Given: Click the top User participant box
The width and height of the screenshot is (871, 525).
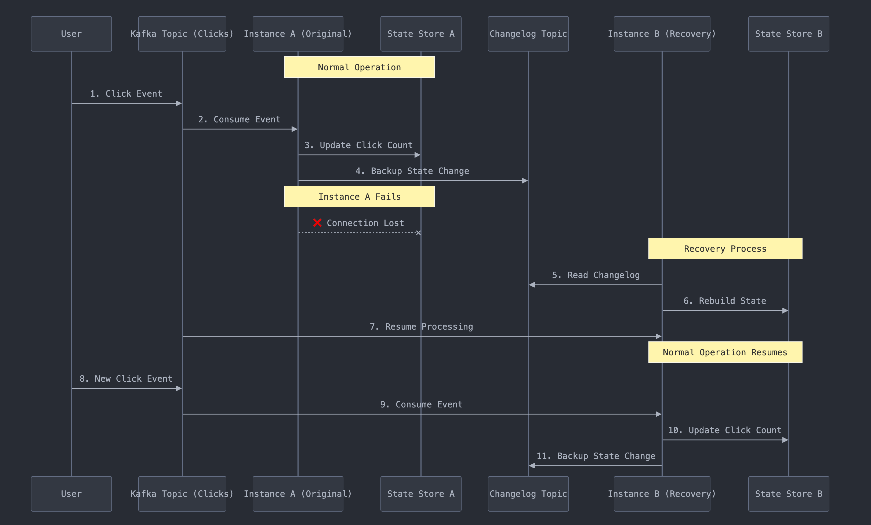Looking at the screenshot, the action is (71, 34).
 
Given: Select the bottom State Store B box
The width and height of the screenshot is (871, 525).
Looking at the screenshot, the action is (788, 494).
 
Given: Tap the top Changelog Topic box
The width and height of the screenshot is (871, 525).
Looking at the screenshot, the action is (528, 34).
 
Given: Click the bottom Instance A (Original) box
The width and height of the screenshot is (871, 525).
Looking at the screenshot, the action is (298, 494).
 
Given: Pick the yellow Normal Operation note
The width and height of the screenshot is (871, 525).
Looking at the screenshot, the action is (359, 67).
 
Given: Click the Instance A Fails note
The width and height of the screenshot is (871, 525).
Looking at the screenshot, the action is (359, 196).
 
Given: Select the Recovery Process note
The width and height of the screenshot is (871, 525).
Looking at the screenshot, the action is (725, 249).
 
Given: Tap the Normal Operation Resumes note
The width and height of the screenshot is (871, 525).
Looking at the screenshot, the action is (725, 352).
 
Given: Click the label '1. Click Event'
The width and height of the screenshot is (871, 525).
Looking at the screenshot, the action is (126, 94).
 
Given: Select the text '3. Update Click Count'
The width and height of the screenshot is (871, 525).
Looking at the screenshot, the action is (358, 145).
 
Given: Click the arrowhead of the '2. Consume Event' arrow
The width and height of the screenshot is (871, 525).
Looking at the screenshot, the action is (295, 129).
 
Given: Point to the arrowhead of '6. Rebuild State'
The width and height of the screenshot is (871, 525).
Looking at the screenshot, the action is (785, 311).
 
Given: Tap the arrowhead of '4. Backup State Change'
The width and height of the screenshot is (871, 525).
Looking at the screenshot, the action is (525, 181).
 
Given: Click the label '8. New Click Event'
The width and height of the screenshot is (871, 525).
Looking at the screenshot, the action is (126, 378).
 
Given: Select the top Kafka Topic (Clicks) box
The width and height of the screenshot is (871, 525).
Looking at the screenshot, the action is (182, 34).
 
